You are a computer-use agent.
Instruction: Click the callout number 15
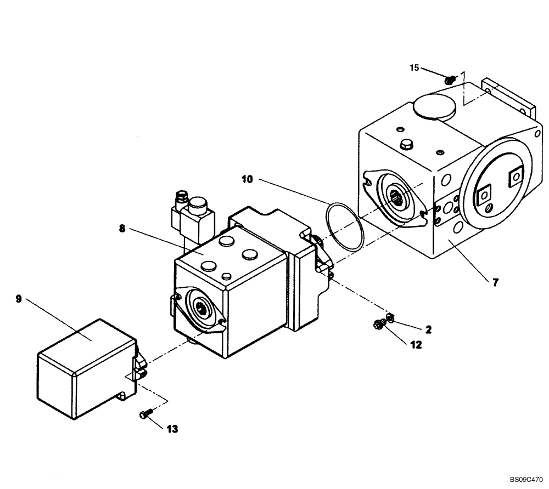(414, 67)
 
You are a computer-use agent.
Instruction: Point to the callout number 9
(18, 299)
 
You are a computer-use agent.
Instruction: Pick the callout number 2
(428, 329)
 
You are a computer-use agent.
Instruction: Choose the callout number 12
(416, 344)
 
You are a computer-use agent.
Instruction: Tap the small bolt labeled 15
(450, 80)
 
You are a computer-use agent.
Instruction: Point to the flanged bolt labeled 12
(378, 325)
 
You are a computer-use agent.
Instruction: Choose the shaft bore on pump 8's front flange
(201, 309)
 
